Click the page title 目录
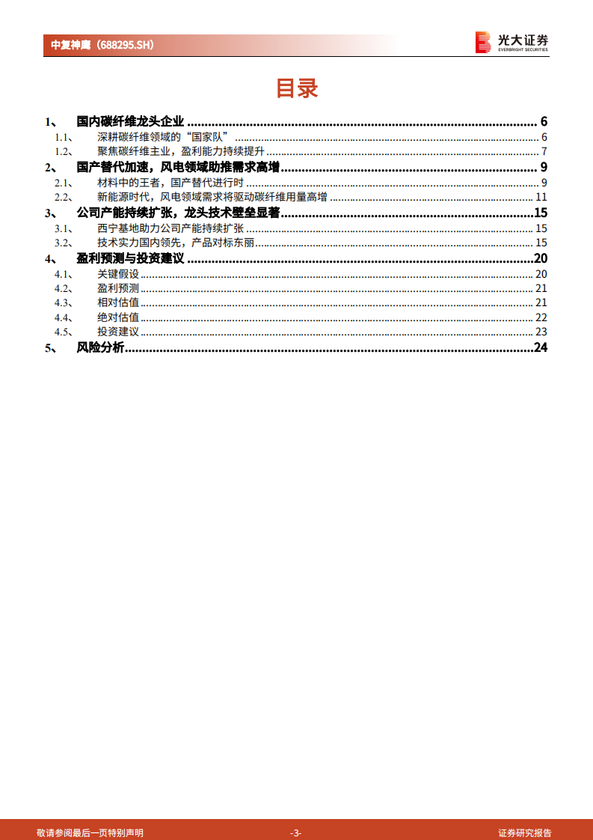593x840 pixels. [297, 88]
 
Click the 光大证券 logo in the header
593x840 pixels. [512, 42]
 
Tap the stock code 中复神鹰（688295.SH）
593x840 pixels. [102, 45]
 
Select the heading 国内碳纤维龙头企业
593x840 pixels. [130, 122]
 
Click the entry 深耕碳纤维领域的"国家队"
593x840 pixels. [162, 137]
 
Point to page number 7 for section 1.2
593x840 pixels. [544, 152]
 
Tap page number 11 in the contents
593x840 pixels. [541, 198]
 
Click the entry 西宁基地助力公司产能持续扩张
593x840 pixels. [170, 228]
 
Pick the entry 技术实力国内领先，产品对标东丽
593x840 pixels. [176, 243]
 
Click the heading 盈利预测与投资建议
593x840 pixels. [130, 259]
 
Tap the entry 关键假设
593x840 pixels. [118, 274]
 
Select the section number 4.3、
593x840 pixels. [64, 302]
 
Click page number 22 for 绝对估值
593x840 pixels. [541, 317]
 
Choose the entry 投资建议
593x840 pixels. [118, 332]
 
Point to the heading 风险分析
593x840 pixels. [100, 348]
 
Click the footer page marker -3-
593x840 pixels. [296, 833]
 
